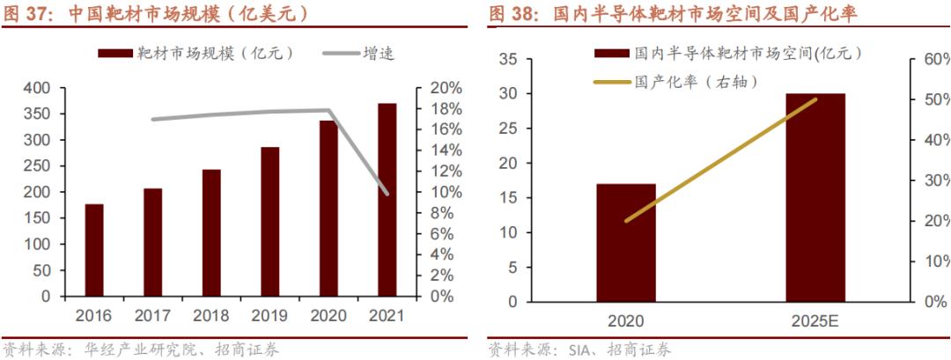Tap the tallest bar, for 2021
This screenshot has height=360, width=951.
(387, 200)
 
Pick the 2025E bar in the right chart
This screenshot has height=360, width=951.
(815, 197)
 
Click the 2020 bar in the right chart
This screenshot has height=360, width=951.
(626, 242)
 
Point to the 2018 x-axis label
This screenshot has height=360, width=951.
(211, 315)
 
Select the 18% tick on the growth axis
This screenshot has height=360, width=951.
(446, 109)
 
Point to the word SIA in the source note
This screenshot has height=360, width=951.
(572, 350)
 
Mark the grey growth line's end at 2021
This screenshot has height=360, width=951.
(387, 193)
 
